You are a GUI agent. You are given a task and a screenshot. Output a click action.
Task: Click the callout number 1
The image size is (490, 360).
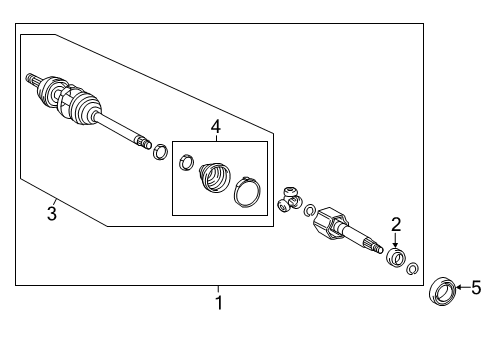point(218,303)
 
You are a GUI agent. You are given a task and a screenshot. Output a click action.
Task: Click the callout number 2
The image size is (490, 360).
point(396,225)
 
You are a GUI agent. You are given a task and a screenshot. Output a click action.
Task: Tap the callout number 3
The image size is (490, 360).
point(52,213)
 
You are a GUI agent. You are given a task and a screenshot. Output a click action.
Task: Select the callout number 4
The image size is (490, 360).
point(216,127)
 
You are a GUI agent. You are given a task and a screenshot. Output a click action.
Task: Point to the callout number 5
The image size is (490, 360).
point(476,287)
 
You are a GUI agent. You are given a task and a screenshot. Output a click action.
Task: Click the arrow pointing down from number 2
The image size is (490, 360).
point(395,241)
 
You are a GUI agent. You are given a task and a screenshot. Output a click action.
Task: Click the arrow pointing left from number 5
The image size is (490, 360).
point(463,287)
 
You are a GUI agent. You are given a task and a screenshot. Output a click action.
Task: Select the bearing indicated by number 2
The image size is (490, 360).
point(396,258)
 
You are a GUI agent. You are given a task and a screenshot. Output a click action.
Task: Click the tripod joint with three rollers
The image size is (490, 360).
point(290,199)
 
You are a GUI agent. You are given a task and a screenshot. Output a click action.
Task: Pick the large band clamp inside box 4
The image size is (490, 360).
point(247,192)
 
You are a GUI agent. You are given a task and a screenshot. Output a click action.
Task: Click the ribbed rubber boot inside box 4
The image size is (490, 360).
point(214,178)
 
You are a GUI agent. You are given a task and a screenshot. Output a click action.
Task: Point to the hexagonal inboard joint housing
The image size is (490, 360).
point(330,223)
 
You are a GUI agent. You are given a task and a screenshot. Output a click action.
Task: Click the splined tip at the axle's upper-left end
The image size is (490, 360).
point(32,79)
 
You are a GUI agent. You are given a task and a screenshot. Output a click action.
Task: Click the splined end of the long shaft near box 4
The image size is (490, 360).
point(143,141)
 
